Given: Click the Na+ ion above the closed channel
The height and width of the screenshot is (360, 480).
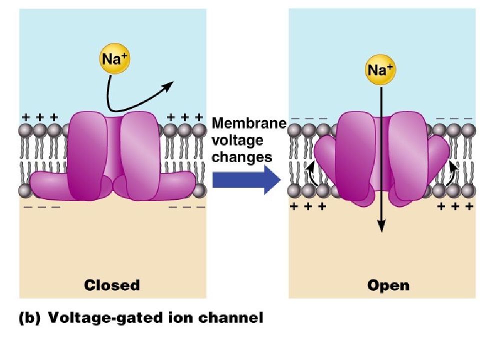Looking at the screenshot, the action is pyautogui.click(x=115, y=58).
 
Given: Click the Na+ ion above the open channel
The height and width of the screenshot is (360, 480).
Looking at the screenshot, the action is pyautogui.click(x=380, y=70).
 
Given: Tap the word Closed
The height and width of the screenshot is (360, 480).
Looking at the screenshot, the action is pyautogui.click(x=112, y=285).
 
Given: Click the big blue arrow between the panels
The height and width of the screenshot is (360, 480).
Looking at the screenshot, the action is pyautogui.click(x=246, y=180).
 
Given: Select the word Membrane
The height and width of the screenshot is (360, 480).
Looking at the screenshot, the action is pyautogui.click(x=249, y=123).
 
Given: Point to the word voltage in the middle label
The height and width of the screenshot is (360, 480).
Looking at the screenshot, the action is pyautogui.click(x=237, y=141).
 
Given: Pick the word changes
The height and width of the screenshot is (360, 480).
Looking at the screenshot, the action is pyautogui.click(x=242, y=157).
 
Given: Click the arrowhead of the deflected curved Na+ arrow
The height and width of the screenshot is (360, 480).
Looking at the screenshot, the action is pyautogui.click(x=168, y=86).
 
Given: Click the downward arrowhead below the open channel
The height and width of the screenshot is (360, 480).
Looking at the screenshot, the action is pyautogui.click(x=381, y=226).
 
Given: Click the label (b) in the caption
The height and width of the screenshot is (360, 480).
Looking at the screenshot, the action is pyautogui.click(x=29, y=318).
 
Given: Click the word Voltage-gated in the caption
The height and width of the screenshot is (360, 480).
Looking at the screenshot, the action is pyautogui.click(x=106, y=318).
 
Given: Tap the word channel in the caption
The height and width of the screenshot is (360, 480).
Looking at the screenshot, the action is pyautogui.click(x=231, y=318).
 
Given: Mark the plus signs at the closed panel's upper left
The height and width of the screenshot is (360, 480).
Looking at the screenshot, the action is pyautogui.click(x=40, y=117).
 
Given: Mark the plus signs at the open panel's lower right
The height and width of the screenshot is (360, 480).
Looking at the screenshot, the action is pyautogui.click(x=455, y=206).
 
